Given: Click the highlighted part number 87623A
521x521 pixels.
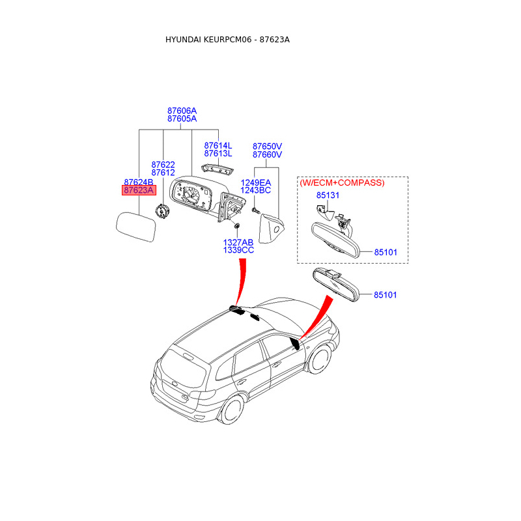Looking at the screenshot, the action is [x=139, y=190].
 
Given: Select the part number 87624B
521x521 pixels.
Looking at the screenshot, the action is [x=139, y=182].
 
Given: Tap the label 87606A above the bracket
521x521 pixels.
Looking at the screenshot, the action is [x=182, y=111].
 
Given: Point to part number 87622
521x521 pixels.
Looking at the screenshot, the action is [x=163, y=165].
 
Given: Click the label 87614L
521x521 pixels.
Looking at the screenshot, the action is [x=218, y=145].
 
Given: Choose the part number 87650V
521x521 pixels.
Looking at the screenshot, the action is [x=267, y=146].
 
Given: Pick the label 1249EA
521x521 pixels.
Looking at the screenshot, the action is [x=256, y=182].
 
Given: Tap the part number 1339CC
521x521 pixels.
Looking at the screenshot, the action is [x=238, y=250].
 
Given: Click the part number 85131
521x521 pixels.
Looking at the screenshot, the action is [x=328, y=195].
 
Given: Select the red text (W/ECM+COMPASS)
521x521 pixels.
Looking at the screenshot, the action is [x=343, y=183].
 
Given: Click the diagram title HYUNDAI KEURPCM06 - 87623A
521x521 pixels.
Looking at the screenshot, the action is [x=227, y=40].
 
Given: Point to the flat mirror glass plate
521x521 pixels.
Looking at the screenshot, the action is [x=136, y=227].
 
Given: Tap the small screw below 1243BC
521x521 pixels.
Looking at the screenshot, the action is [x=255, y=210].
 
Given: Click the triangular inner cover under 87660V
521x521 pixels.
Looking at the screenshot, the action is [x=271, y=229].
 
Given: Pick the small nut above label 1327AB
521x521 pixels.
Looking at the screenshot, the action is [x=237, y=225].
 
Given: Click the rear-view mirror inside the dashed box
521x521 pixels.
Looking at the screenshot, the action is [x=335, y=240].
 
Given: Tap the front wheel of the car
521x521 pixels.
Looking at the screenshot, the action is [x=320, y=360].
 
